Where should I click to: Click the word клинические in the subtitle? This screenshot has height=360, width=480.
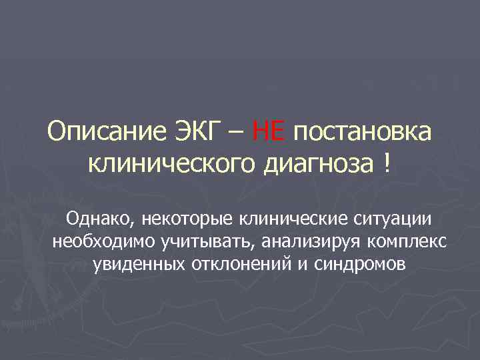(279, 219)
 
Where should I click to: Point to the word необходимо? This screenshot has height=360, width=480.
(97, 241)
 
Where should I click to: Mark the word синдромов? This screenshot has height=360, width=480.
(355, 263)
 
